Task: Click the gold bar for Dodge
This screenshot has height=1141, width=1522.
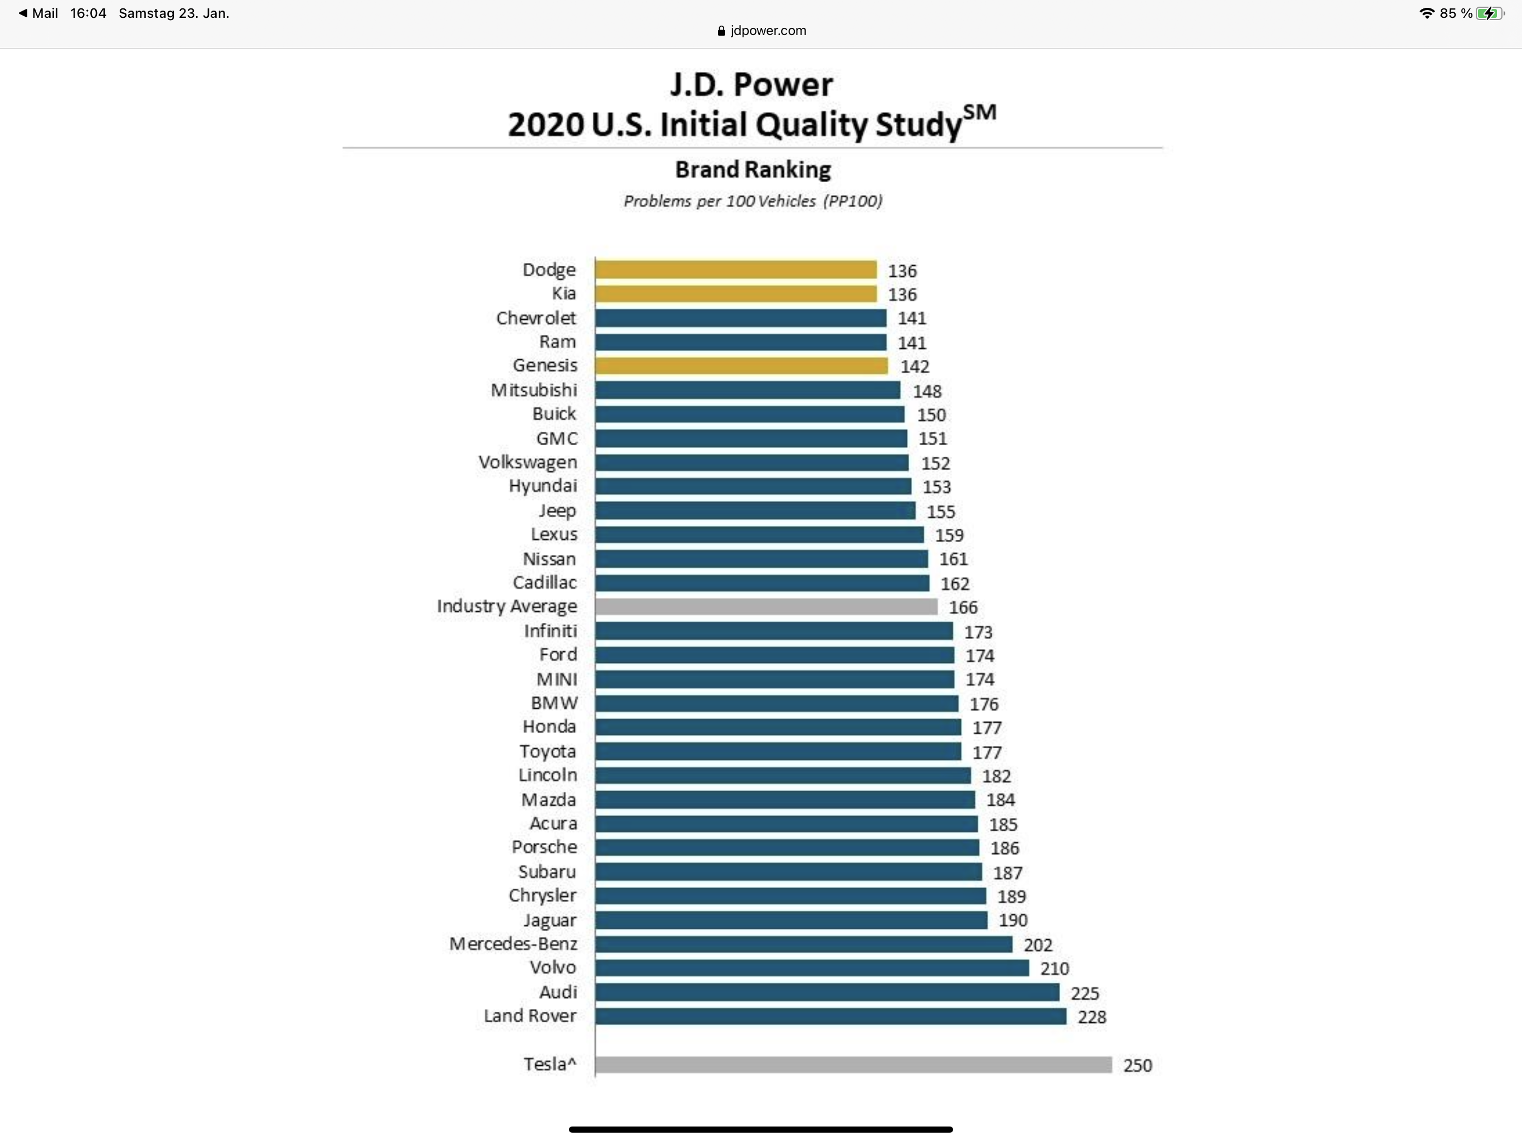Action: pos(735,270)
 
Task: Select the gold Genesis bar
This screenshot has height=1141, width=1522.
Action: pos(741,365)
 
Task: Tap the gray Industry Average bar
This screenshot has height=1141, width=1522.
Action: pos(766,606)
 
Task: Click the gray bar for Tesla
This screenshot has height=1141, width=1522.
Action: pos(853,1065)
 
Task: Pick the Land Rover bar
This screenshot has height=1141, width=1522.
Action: pos(831,1016)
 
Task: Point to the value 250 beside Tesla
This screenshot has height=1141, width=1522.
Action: pos(1138,1065)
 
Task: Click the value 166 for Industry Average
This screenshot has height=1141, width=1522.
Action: pos(963,607)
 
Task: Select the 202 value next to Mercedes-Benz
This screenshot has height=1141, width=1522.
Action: pos(1038,945)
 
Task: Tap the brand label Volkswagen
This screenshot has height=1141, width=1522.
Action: pos(528,462)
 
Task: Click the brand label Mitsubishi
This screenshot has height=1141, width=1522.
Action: pos(534,390)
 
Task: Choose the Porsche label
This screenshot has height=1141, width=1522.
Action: pos(544,847)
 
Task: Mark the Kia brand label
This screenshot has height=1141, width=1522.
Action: pos(564,294)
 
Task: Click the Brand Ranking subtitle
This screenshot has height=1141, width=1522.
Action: pos(753,170)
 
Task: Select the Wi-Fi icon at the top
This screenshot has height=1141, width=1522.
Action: pos(1427,13)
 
